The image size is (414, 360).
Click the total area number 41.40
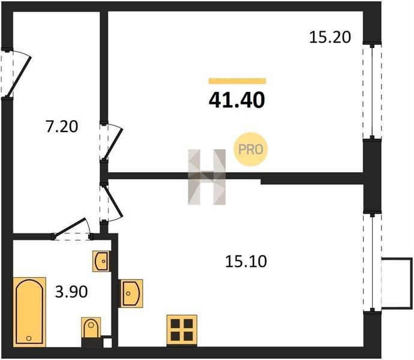coord(237,100)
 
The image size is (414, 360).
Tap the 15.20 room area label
coord(330,37)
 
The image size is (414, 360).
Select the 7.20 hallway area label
coord(62,127)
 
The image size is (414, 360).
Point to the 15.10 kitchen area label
coord(246,262)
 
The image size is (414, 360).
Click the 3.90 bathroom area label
coord(71,292)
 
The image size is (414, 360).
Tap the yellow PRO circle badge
coord(251,149)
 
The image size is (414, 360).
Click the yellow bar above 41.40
coord(237,81)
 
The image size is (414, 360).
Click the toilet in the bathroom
coord(91,328)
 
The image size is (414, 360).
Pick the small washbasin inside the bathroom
coord(101,261)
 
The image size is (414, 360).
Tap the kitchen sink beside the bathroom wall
coord(131,293)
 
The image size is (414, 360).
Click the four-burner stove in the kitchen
coord(182,330)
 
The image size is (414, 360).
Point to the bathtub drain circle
coord(29,338)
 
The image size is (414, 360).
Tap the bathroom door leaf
coord(69,227)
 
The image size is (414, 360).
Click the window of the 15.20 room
coord(372,91)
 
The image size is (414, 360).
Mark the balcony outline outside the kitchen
coord(397,283)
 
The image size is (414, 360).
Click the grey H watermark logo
coord(207,177)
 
